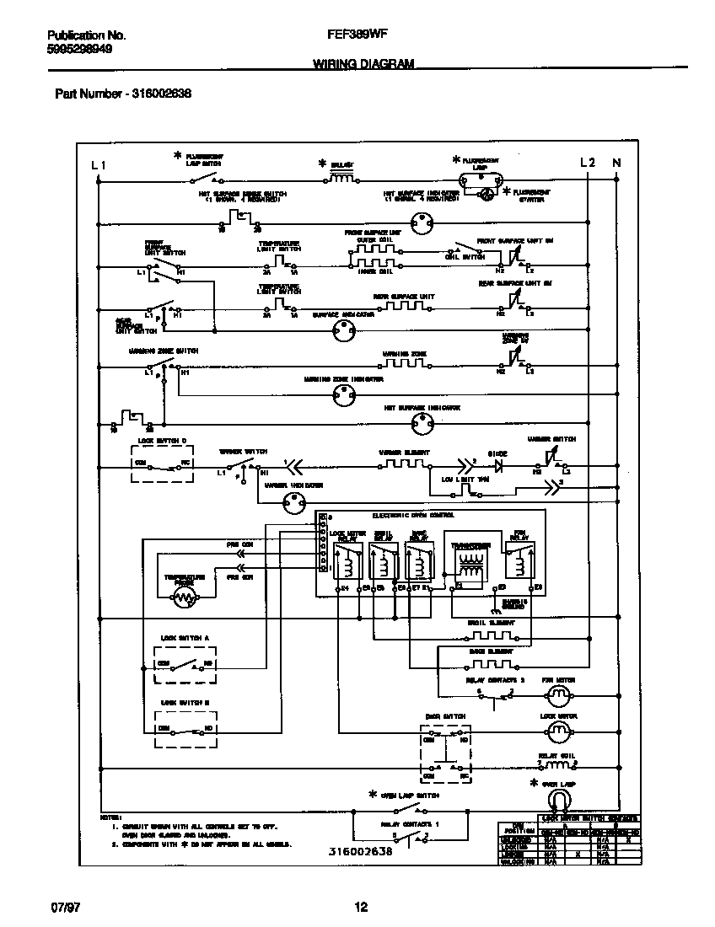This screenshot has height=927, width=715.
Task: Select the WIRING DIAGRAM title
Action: coord(363,64)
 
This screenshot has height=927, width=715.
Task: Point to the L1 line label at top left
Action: coord(98,164)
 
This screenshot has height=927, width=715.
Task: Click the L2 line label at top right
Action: coord(588,163)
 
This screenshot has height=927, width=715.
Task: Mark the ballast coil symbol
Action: coord(341,178)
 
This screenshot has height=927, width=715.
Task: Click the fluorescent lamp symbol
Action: coord(480,179)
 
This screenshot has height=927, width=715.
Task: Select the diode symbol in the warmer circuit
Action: coord(497,463)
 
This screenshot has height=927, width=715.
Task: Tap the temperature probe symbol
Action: coord(184,597)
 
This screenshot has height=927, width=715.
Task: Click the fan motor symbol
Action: coord(556,696)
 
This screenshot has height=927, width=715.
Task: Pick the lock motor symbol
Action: coord(556,730)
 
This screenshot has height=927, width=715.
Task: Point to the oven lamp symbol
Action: coord(556,799)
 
